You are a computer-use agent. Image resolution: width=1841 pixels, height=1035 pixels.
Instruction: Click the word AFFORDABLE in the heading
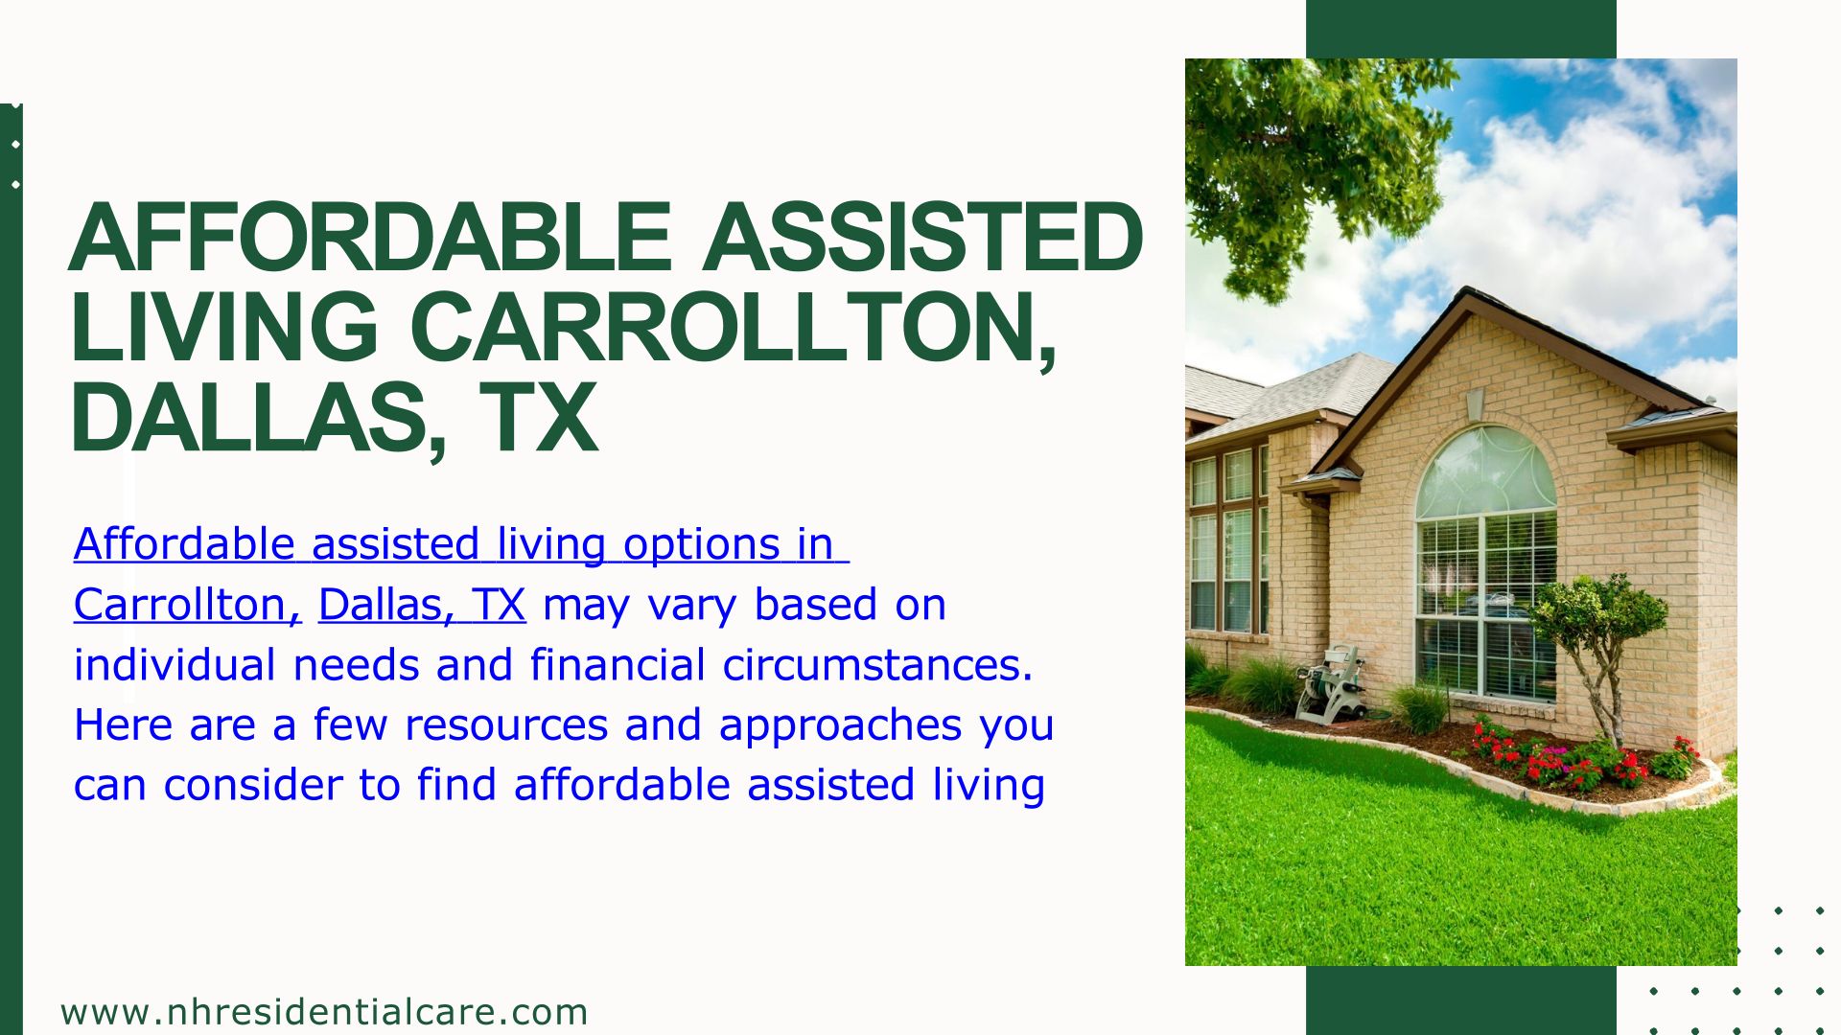(x=369, y=237)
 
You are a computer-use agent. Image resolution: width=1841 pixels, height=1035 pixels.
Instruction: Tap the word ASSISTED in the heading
(x=922, y=237)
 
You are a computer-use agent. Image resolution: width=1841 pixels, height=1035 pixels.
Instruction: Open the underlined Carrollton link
(x=188, y=605)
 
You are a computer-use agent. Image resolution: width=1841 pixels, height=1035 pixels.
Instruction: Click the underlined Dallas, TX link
(x=422, y=605)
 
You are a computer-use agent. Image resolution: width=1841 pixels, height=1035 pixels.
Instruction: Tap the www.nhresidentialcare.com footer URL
(x=324, y=1012)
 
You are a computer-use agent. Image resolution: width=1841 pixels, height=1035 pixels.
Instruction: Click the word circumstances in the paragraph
(x=877, y=665)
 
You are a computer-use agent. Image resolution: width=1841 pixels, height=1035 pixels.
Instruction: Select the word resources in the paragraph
(x=506, y=725)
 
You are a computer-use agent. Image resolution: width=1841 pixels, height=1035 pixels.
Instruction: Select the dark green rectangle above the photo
(x=1461, y=29)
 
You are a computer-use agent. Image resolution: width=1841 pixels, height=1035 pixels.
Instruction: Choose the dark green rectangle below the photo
(x=1461, y=1000)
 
